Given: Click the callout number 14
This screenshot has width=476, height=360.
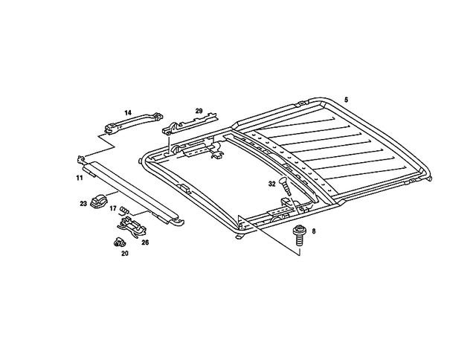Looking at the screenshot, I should point(127,112).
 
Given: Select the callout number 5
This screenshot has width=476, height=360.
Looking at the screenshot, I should point(346,99).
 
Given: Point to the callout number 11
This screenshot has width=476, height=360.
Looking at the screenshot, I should point(79,179).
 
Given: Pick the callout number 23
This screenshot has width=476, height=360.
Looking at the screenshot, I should point(83,202).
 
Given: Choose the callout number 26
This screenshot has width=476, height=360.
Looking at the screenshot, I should point(145,242).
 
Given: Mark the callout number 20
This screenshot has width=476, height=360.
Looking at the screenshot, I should point(124,253).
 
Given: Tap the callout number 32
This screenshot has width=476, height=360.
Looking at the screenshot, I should point(272,183).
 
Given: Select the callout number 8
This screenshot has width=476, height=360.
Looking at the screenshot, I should point(314,231).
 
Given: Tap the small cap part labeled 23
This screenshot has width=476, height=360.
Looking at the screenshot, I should point(100,200).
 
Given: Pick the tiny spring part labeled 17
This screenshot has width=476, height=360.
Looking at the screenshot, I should point(125,210).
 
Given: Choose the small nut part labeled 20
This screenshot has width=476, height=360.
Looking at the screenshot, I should point(118,242).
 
